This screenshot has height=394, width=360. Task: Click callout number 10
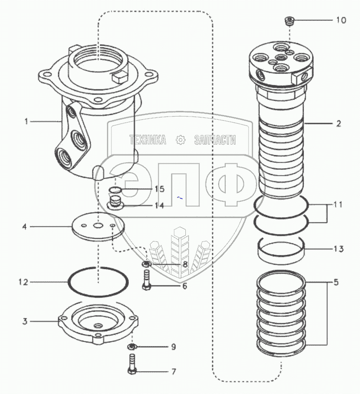(x=341, y=21)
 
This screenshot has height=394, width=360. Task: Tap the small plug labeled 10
(x=289, y=21)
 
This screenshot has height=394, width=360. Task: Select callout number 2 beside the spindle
(x=338, y=124)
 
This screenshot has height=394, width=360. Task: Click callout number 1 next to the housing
(x=27, y=121)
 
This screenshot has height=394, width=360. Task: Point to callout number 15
(x=159, y=189)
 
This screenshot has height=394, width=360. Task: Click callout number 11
(x=338, y=204)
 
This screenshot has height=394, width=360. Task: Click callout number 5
(x=336, y=282)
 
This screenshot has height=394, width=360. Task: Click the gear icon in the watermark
(x=180, y=139)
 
